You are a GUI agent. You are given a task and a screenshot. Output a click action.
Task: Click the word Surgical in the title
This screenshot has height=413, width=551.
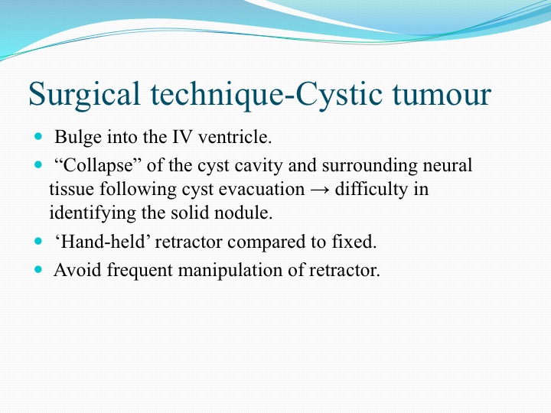(x=84, y=95)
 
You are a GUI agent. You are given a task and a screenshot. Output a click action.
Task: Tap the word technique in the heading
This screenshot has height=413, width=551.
(x=217, y=95)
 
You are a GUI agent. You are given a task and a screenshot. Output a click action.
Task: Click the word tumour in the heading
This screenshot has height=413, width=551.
(x=442, y=95)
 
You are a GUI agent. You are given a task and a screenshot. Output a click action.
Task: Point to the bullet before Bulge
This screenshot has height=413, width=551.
(x=38, y=136)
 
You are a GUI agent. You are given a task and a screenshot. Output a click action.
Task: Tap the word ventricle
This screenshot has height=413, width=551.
(x=235, y=137)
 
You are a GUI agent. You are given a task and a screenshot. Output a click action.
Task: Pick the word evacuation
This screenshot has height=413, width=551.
(x=262, y=190)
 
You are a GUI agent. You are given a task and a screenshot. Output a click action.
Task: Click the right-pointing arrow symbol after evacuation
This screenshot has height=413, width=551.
(x=320, y=190)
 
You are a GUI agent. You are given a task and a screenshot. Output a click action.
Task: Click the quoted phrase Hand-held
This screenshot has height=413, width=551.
(x=103, y=242)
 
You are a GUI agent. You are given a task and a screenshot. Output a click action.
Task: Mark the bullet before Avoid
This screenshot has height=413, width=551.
(x=38, y=269)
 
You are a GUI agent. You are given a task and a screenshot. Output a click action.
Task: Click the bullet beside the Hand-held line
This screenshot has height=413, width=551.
(x=38, y=241)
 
